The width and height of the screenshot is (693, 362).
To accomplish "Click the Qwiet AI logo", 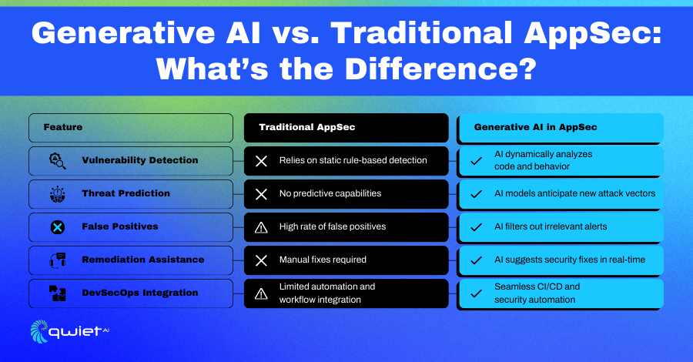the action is pyautogui.click(x=69, y=331).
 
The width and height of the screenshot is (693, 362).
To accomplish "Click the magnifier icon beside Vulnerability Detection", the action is pyautogui.click(x=58, y=161).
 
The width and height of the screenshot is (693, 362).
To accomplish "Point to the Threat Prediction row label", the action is pyautogui.click(x=126, y=193).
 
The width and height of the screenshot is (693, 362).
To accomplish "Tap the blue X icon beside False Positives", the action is pyautogui.click(x=58, y=227).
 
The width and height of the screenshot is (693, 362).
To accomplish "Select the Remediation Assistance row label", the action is pyautogui.click(x=143, y=260).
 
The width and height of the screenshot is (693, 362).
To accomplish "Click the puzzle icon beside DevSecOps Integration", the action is pyautogui.click(x=58, y=293).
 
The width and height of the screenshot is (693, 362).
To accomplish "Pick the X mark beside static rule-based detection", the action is pyautogui.click(x=261, y=161).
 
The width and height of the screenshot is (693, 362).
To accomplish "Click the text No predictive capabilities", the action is pyautogui.click(x=330, y=193).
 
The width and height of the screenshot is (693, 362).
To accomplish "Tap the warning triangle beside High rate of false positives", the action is pyautogui.click(x=261, y=227).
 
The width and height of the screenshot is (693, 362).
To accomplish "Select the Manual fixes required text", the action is pyautogui.click(x=323, y=260).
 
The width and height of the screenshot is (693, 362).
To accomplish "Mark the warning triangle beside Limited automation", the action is pyautogui.click(x=261, y=293).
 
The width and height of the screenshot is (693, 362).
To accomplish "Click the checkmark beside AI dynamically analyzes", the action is pyautogui.click(x=476, y=161).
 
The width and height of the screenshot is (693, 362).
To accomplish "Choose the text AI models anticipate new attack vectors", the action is pyautogui.click(x=574, y=193).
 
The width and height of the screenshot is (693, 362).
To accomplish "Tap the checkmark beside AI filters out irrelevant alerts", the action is pyautogui.click(x=476, y=227).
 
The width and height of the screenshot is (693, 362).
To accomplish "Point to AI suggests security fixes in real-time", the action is pyautogui.click(x=570, y=260).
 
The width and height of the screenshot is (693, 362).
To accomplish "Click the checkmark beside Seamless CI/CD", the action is pyautogui.click(x=476, y=293).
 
